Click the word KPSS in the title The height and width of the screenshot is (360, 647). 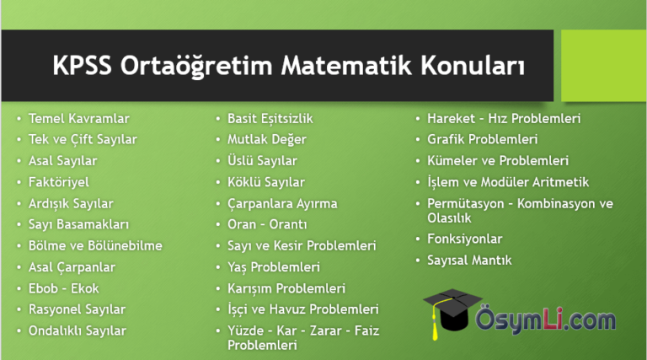pyautogui.click(x=82, y=66)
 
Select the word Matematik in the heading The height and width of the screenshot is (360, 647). pyautogui.click(x=346, y=66)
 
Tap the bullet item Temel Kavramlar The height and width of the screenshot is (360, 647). pyautogui.click(x=79, y=119)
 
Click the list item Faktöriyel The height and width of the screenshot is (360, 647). pyautogui.click(x=59, y=182)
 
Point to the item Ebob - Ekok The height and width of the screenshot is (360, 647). pyautogui.click(x=63, y=288)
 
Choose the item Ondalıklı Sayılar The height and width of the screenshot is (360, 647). pyautogui.click(x=78, y=330)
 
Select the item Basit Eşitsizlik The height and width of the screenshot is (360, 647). pyautogui.click(x=270, y=119)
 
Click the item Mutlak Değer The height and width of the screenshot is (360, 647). pyautogui.click(x=267, y=140)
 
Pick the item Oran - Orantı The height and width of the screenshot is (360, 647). pyautogui.click(x=267, y=224)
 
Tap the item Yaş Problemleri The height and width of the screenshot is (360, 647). pyautogui.click(x=274, y=267)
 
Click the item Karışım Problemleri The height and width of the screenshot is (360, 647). pyautogui.click(x=286, y=288)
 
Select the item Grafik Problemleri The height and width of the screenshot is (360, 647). pyautogui.click(x=483, y=139)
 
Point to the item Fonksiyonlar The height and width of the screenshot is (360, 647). pyautogui.click(x=465, y=239)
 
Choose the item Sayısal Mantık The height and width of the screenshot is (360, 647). pyautogui.click(x=469, y=260)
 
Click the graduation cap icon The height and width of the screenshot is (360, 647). pyautogui.click(x=452, y=309)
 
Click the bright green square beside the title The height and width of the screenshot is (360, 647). pyautogui.click(x=604, y=65)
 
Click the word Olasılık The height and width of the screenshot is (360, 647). pyautogui.click(x=449, y=218)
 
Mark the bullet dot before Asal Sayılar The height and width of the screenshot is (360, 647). pyautogui.click(x=19, y=161)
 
